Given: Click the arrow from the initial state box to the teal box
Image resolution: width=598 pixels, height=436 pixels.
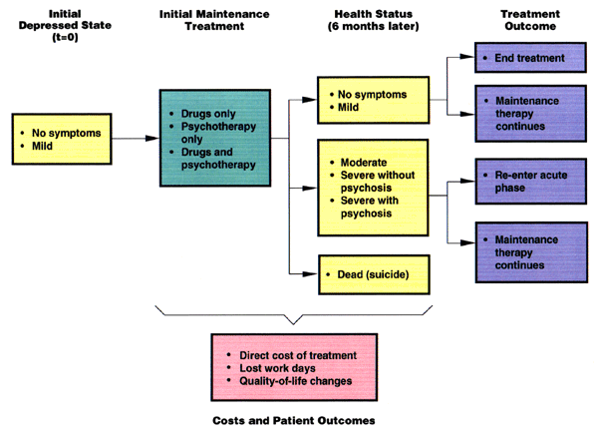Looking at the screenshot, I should click(x=135, y=138).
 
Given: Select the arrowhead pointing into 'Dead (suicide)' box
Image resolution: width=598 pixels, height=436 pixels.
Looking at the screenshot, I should click(x=311, y=273).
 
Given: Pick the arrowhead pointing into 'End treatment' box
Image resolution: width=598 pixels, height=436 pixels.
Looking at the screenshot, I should click(x=470, y=58).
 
